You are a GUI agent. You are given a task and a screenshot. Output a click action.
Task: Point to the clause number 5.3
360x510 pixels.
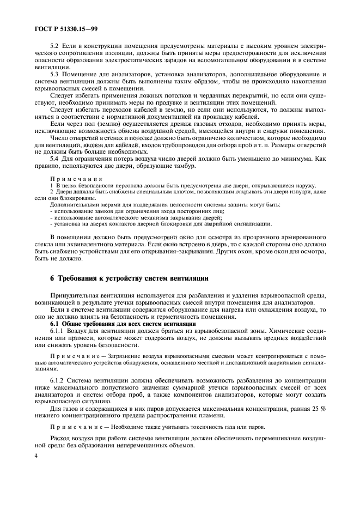(55, 75)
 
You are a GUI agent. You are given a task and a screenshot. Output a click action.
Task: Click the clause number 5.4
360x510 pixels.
(55, 159)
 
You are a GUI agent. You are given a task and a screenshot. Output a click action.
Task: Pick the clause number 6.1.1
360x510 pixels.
(58, 331)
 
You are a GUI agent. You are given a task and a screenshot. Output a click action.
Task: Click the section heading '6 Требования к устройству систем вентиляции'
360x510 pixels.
(129, 278)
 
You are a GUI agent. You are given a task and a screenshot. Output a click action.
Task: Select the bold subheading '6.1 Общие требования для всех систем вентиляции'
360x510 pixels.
(119, 325)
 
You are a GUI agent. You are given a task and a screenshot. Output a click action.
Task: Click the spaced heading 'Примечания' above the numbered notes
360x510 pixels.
(72, 179)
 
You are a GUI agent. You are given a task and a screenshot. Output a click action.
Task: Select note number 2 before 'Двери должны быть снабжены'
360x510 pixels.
(51, 192)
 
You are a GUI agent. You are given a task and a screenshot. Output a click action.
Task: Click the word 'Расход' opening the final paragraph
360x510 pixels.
(61, 438)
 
